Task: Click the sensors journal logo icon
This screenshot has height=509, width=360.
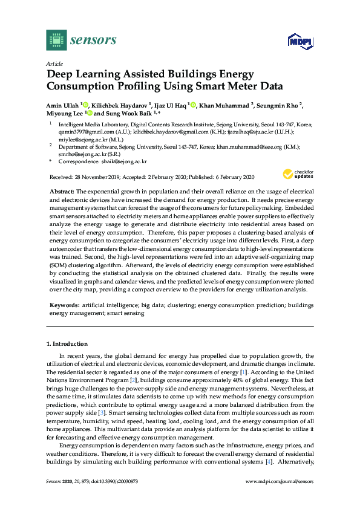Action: point(56,41)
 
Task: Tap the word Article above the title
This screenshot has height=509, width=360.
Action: point(54,63)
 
